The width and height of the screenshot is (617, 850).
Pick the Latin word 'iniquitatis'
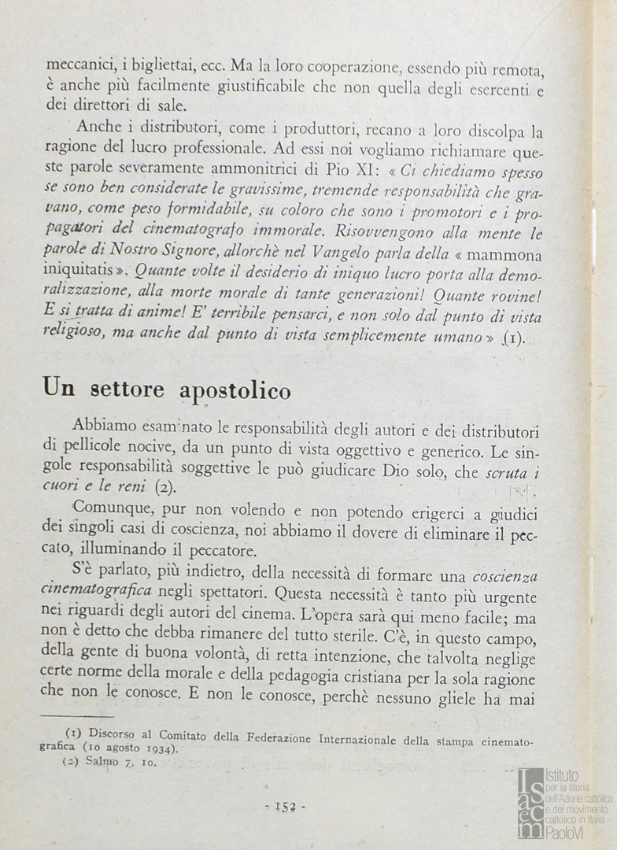click(84, 273)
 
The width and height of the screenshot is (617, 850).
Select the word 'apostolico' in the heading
click(235, 390)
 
